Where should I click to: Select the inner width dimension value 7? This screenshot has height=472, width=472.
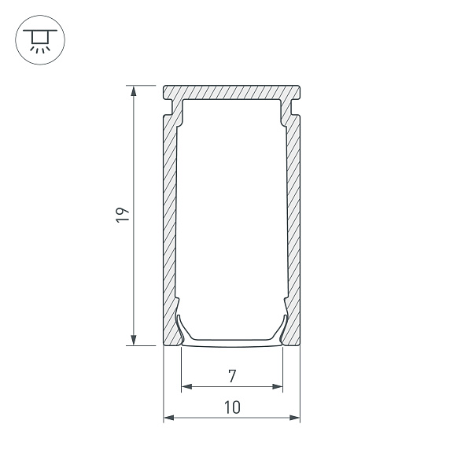point(231,376)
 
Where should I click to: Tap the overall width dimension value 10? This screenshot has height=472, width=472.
point(231,407)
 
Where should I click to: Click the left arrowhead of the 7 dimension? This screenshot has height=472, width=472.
point(186,386)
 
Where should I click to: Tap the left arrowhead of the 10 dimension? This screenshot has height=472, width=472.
point(168,417)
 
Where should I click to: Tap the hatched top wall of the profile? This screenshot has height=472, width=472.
point(231,92)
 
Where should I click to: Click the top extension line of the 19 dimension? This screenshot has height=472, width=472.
point(146,85)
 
